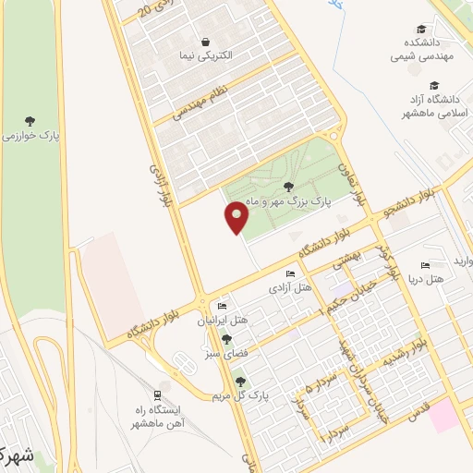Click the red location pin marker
(237, 218)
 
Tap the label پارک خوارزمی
(30, 136)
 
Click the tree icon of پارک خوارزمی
(30, 120)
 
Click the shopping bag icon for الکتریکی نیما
(204, 41)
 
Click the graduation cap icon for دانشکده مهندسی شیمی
(421, 30)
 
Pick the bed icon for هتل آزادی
(290, 274)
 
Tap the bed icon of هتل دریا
(425, 264)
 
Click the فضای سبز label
(227, 353)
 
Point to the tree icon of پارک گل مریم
(241, 382)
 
